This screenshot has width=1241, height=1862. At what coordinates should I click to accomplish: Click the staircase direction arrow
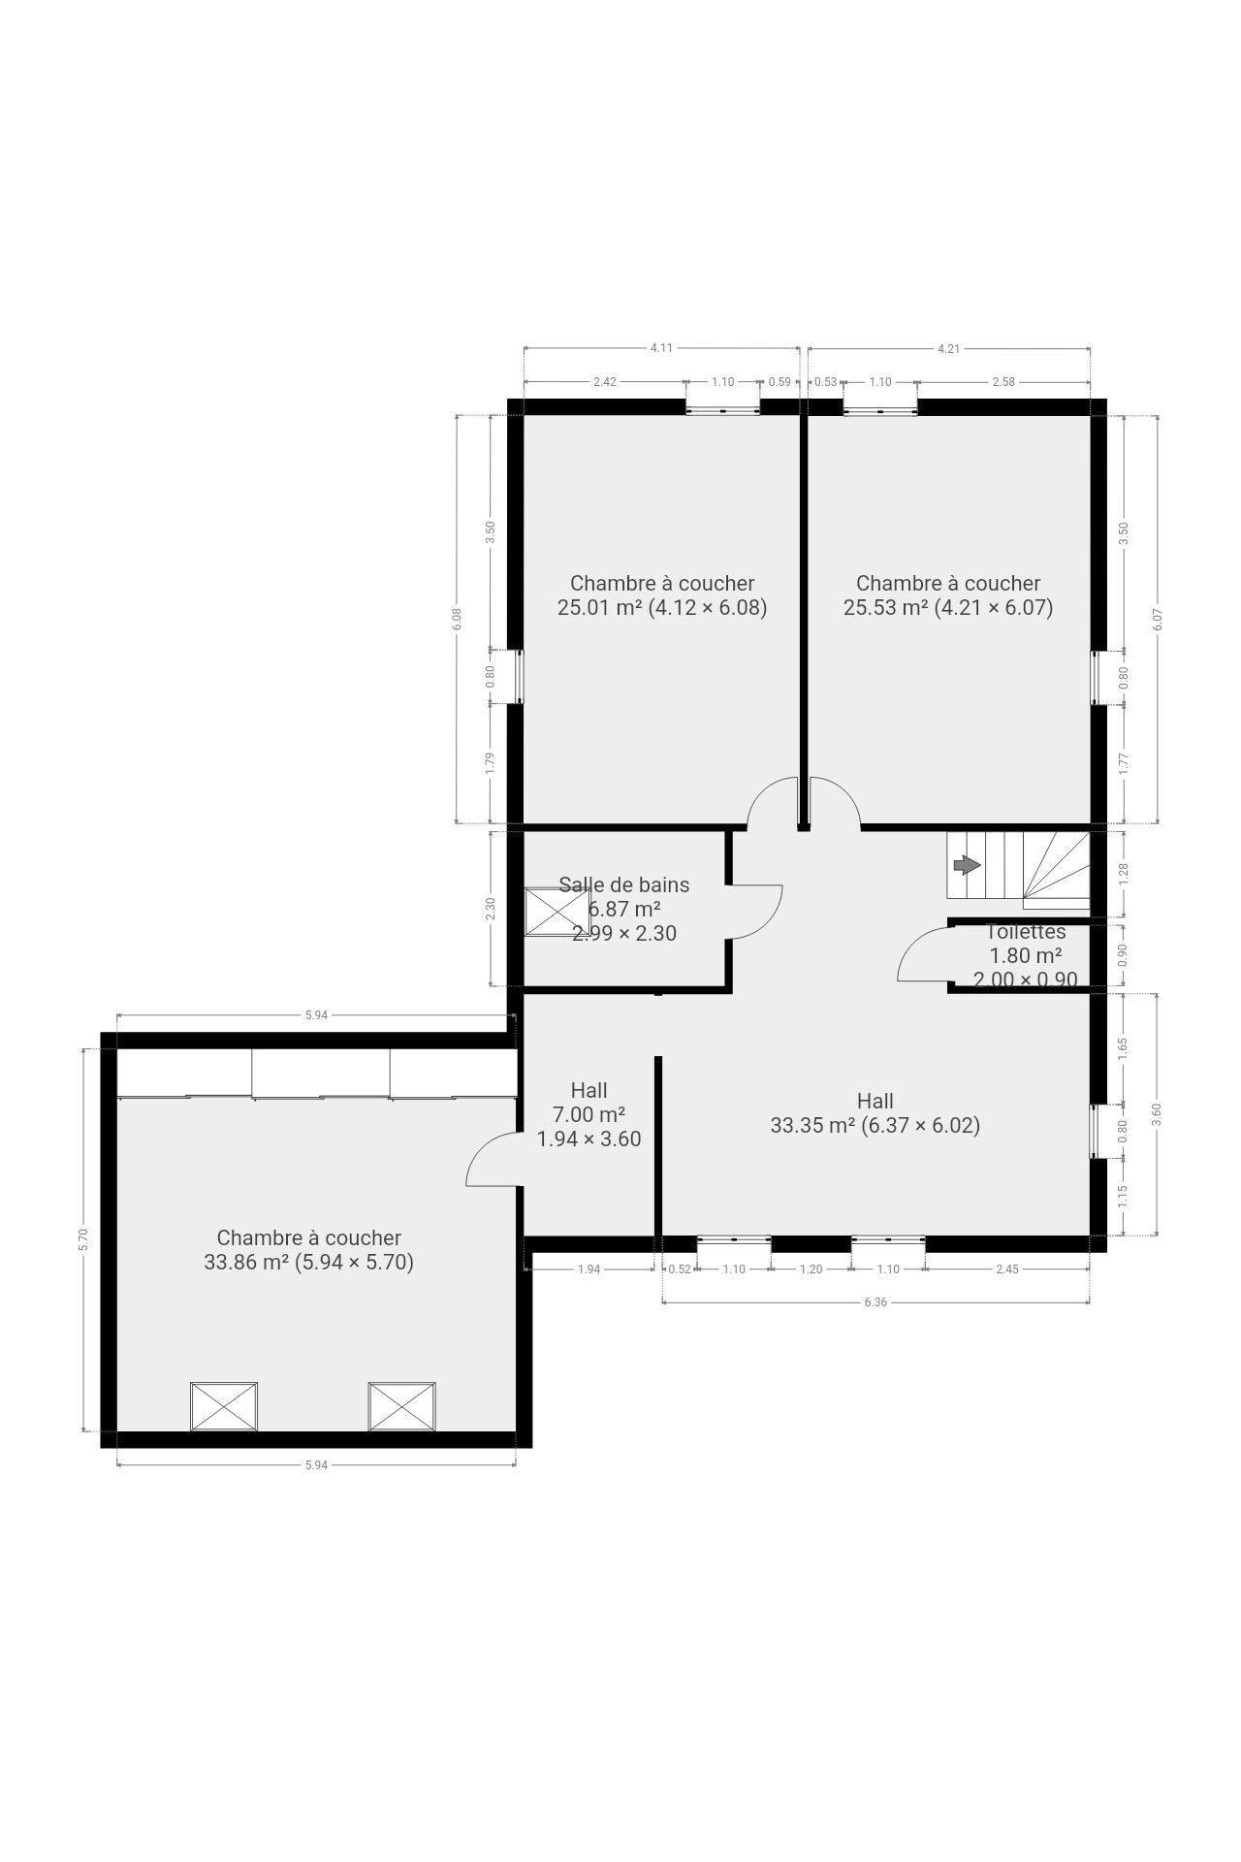(x=967, y=864)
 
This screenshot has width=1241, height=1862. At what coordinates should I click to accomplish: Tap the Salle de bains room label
(x=624, y=884)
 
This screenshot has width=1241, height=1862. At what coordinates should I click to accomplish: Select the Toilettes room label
(x=1026, y=932)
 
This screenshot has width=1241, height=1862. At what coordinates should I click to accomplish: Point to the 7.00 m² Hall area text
(x=589, y=1115)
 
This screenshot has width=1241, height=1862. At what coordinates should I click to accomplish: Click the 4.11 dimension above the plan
(x=661, y=348)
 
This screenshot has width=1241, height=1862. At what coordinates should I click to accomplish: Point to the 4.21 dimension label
(x=948, y=348)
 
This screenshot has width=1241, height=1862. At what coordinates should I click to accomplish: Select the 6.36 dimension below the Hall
(x=875, y=1302)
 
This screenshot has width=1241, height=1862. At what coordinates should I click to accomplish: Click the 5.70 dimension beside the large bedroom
(x=83, y=1239)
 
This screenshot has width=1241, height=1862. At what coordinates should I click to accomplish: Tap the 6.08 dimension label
(x=457, y=619)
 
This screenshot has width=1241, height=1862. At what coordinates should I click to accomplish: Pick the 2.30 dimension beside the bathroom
(x=491, y=909)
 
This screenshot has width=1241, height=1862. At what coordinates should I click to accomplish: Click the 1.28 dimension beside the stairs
(x=1124, y=874)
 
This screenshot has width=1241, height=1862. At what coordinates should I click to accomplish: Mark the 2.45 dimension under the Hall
(x=1007, y=1268)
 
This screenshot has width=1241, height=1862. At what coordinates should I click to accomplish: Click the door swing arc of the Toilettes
(x=916, y=942)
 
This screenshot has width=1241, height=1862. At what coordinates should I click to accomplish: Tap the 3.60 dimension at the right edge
(x=1156, y=1114)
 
